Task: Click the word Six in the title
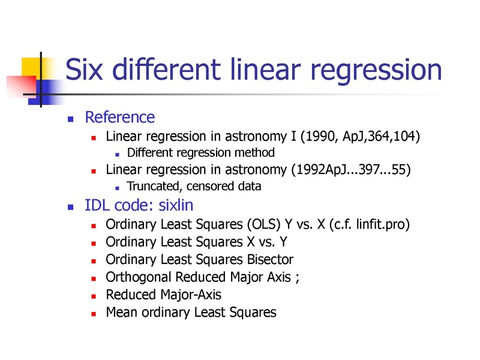[x=84, y=69]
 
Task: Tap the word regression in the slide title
[x=376, y=72]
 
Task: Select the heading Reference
[x=119, y=117]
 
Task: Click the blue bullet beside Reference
[x=70, y=119]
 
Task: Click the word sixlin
[x=176, y=205]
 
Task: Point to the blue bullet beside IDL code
[x=70, y=207]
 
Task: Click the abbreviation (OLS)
[x=263, y=224]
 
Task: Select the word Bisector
[x=270, y=260]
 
